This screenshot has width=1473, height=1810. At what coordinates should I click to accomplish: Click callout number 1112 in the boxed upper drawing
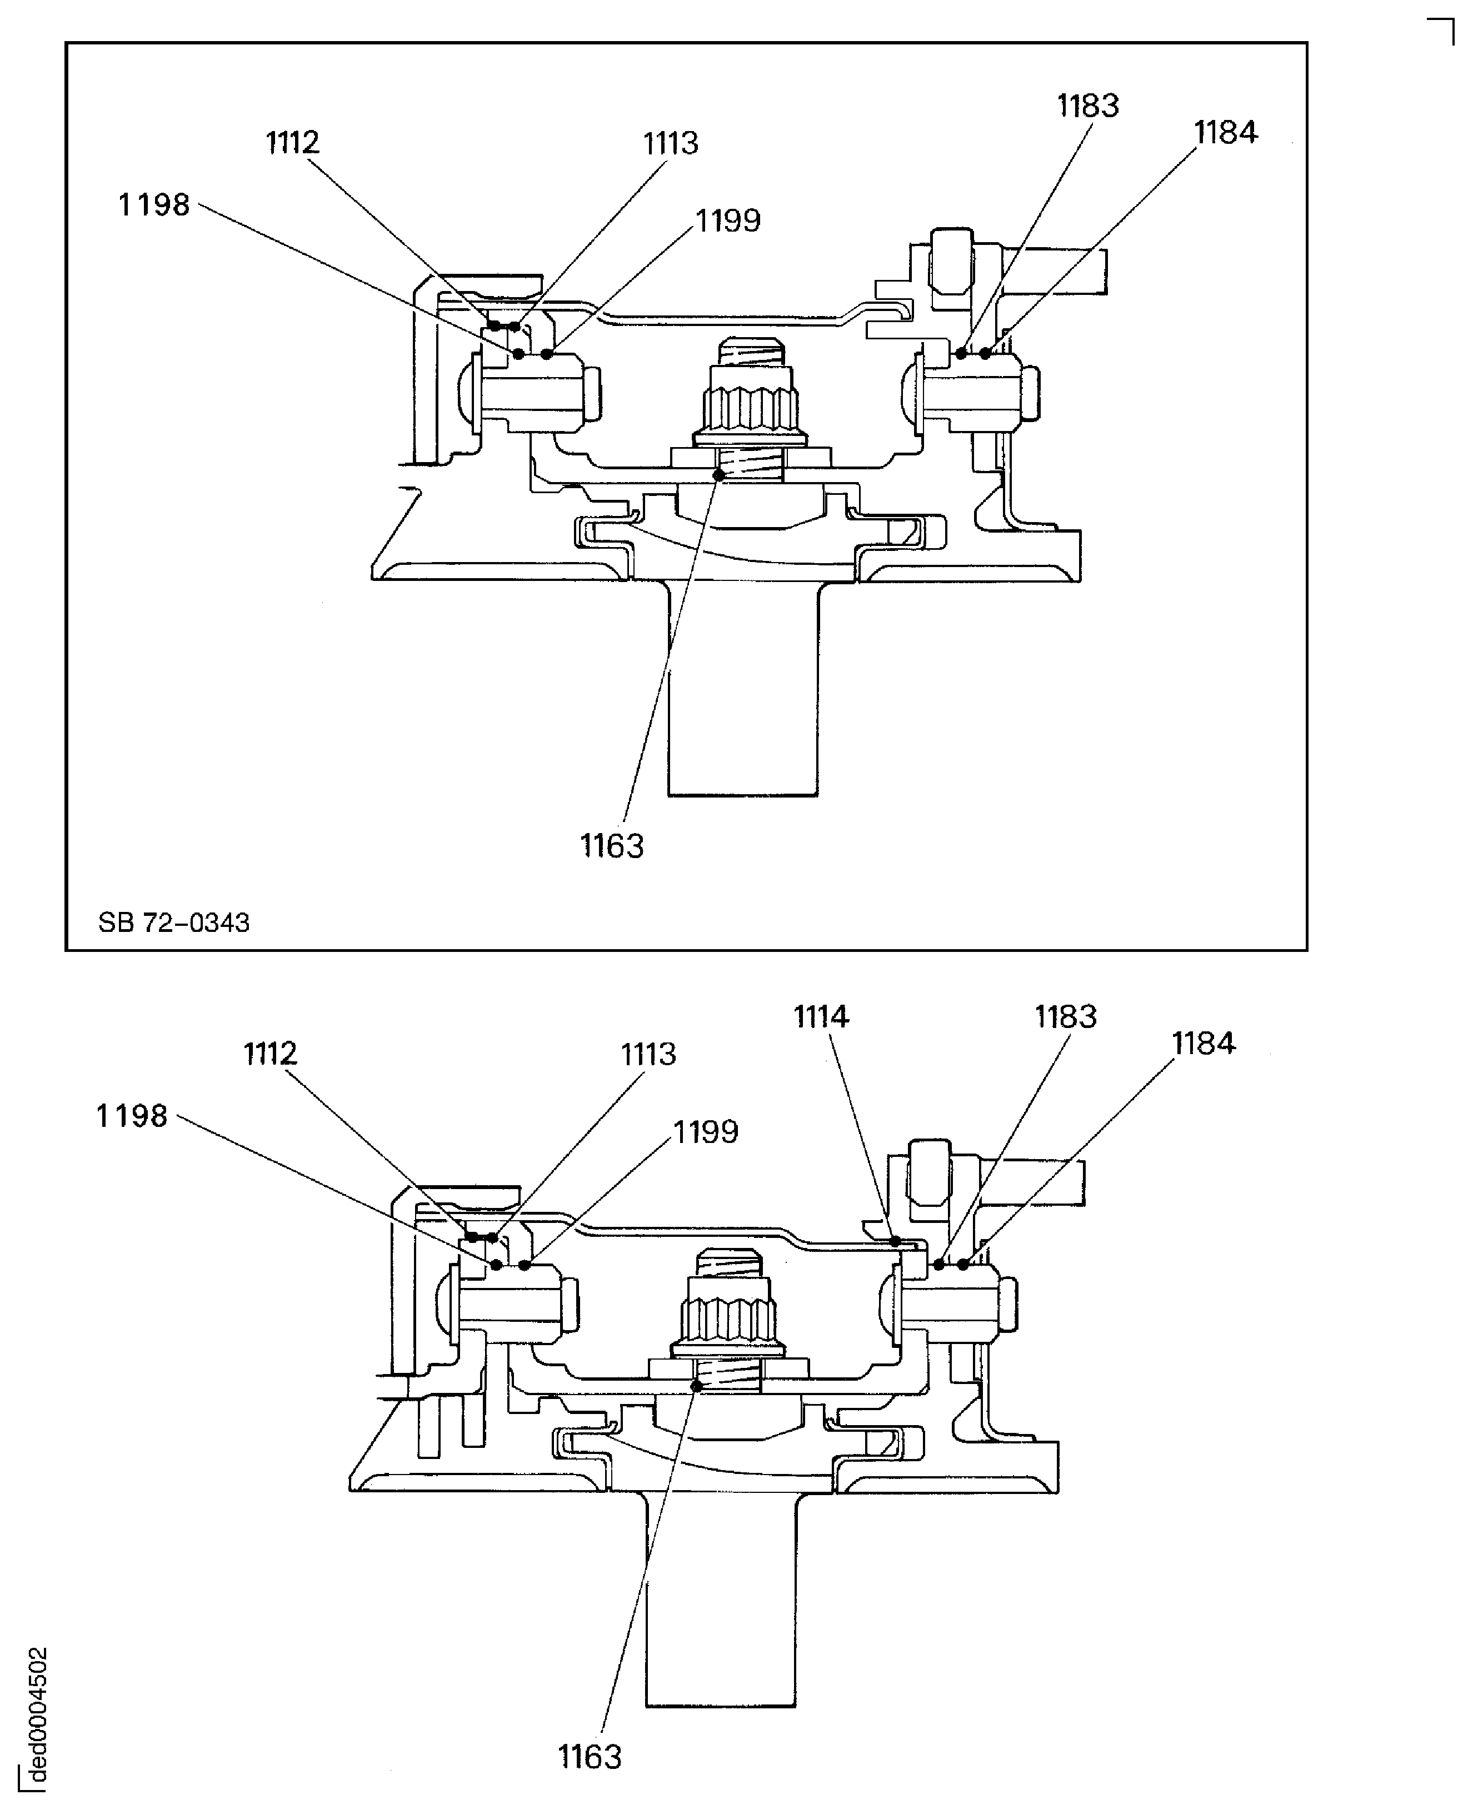coord(293,143)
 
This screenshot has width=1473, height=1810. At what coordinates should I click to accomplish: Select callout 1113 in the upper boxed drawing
coord(670,143)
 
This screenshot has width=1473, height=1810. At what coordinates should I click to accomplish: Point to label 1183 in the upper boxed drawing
coord(1088,106)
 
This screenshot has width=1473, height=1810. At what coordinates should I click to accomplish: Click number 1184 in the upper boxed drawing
coord(1225,132)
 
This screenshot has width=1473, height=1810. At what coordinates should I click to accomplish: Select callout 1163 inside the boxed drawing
coord(612,846)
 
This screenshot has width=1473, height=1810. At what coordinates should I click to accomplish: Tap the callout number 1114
coord(821,1016)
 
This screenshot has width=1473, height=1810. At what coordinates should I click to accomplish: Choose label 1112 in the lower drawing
coord(271,1054)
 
